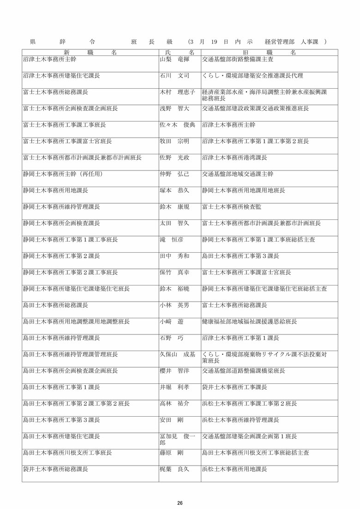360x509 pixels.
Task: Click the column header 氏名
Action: coord(180,53)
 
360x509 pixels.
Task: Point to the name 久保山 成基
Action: coord(177,354)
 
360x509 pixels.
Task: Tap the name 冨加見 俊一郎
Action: coord(177,439)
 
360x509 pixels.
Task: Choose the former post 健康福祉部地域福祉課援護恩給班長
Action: coord(249,321)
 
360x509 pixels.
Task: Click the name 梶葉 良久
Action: coord(174,469)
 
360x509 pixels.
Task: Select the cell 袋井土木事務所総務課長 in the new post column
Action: coord(55,469)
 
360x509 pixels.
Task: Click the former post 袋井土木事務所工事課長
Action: coord(234,387)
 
